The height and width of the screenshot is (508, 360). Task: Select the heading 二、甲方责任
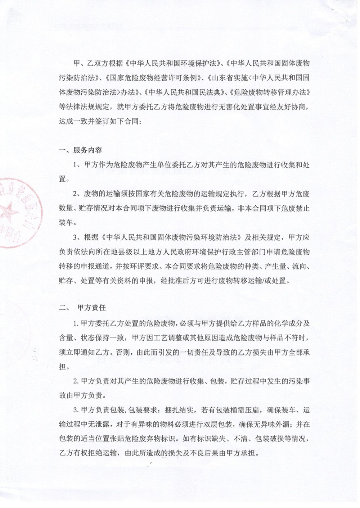pos(82,308)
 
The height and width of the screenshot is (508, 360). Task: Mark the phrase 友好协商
pos(293,107)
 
